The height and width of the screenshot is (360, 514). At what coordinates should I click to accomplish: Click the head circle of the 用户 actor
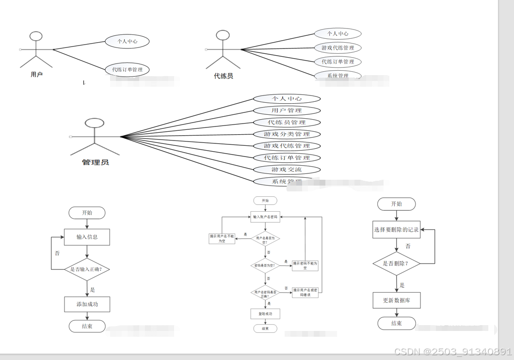click(x=36, y=36)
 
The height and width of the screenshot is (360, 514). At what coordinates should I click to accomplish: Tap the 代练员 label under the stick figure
click(x=224, y=76)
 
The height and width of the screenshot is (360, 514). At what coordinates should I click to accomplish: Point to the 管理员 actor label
click(x=96, y=162)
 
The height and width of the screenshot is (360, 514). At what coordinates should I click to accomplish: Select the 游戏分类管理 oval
click(x=287, y=134)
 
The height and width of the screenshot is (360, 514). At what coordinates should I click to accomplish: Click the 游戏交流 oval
click(x=287, y=170)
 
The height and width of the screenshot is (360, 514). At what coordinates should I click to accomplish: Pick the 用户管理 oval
click(x=287, y=110)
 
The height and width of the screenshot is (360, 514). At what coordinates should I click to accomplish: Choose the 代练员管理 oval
click(x=287, y=123)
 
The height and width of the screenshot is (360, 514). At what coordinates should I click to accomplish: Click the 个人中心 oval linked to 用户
click(x=127, y=42)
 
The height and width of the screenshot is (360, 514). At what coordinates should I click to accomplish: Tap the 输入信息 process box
click(x=87, y=237)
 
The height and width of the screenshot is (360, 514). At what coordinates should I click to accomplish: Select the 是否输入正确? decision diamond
click(x=87, y=269)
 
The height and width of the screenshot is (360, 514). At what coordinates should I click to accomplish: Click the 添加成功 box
click(x=87, y=304)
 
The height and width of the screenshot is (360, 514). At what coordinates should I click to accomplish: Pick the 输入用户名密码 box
click(x=265, y=217)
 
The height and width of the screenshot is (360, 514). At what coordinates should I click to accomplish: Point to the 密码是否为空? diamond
click(x=265, y=265)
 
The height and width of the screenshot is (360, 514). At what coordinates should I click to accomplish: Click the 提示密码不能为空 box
click(x=305, y=265)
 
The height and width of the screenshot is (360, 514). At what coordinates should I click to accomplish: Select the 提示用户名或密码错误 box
click(x=305, y=292)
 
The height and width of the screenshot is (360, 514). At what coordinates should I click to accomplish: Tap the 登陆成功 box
click(x=265, y=314)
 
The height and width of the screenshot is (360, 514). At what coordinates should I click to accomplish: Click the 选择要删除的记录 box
click(x=397, y=230)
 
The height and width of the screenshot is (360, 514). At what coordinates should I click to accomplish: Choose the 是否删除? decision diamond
click(x=397, y=264)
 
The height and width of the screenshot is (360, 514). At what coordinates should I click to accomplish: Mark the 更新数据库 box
click(x=397, y=300)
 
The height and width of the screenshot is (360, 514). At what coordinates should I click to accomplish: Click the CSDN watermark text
click(x=452, y=352)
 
